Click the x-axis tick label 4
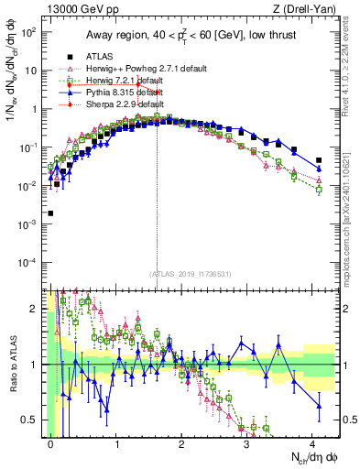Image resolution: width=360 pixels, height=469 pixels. [x=312, y=442]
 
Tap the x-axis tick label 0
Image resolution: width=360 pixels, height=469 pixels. [x=50, y=442]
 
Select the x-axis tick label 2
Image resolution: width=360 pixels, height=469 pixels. [x=181, y=442]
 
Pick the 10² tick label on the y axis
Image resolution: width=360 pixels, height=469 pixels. [x=29, y=31]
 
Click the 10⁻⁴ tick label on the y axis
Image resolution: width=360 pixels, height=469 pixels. [x=29, y=263]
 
